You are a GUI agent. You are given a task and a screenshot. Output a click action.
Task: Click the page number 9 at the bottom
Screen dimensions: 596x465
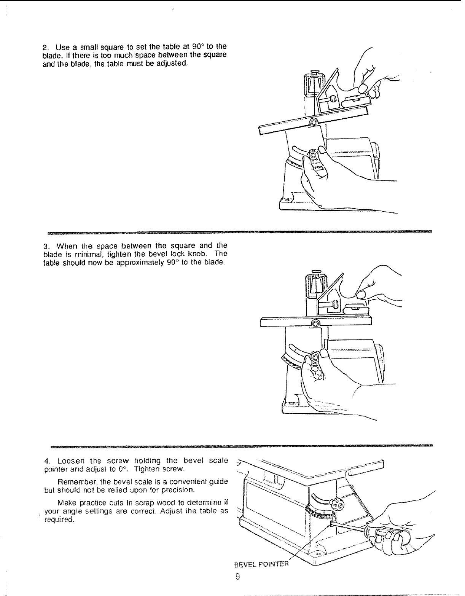point(237,577)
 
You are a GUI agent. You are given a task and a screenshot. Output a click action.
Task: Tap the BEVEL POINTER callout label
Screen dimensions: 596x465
point(261,564)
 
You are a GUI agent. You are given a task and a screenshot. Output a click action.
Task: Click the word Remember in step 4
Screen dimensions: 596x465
point(75,482)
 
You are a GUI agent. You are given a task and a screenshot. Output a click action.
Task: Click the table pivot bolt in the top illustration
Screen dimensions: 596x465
point(314,122)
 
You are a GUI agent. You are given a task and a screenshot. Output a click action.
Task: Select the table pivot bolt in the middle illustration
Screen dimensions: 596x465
point(315,324)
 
